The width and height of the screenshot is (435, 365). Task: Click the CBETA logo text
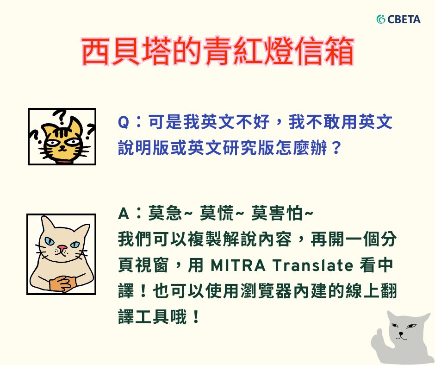coord(404,19)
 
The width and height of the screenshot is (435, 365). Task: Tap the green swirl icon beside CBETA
coord(381,19)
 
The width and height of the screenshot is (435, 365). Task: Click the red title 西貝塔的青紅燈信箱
coord(218,51)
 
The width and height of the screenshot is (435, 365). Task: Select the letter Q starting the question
coord(124,122)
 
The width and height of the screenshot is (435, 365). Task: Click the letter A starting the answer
coord(124,214)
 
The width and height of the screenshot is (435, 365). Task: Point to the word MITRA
coord(238,265)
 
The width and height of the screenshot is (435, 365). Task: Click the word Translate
coord(313,265)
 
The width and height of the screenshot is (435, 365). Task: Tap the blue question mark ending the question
coord(336,147)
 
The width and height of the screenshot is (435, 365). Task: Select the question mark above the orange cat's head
coord(60,117)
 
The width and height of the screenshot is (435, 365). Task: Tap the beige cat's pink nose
coord(62,247)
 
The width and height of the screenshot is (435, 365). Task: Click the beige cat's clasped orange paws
coord(63,283)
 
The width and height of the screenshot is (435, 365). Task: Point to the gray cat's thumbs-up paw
coord(379,338)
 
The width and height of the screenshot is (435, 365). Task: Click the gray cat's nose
coord(401,333)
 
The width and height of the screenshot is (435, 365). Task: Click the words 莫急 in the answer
coord(165,214)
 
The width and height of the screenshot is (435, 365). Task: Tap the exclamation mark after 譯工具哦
coord(196,317)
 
